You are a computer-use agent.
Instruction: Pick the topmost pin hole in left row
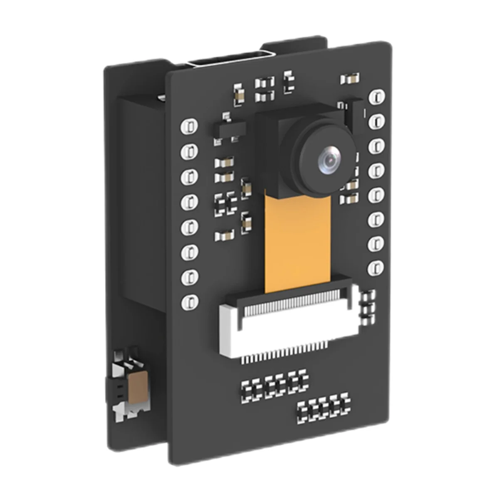[x=189, y=126]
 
